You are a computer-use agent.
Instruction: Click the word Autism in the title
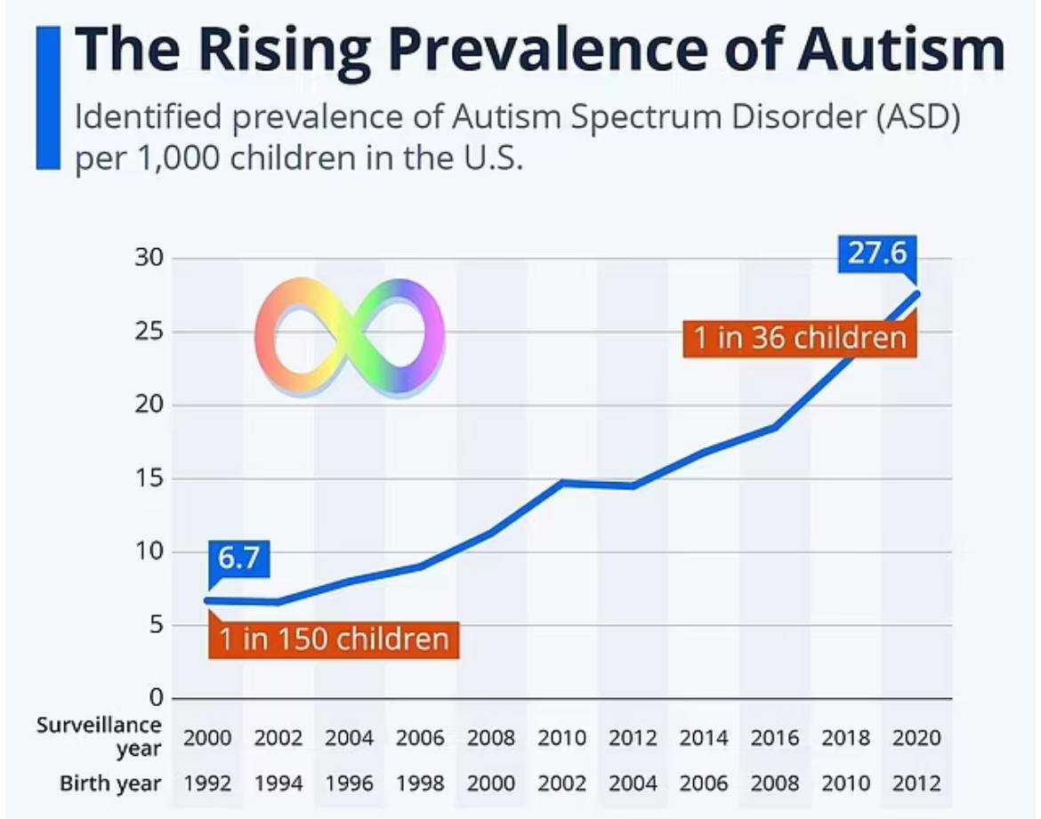click(900, 51)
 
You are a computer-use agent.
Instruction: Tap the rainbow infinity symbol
click(349, 336)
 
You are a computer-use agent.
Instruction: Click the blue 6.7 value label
click(238, 560)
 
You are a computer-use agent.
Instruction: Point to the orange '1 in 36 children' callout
click(800, 338)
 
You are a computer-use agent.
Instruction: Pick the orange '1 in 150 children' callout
click(334, 638)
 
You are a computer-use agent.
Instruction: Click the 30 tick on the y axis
click(149, 259)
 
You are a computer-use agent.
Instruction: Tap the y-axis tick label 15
click(149, 479)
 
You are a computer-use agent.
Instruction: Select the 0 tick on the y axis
click(155, 699)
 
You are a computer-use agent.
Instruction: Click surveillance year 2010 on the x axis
click(562, 737)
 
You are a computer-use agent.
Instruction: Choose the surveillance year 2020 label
click(917, 737)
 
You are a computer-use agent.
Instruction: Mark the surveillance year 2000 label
click(207, 737)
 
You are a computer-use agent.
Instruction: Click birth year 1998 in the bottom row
click(420, 783)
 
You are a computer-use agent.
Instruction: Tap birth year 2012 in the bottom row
click(917, 783)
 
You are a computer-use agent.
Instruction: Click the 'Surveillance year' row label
click(100, 737)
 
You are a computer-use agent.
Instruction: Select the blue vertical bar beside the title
click(47, 98)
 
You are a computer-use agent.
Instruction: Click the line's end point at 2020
click(916, 293)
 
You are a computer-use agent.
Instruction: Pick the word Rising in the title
click(257, 51)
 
